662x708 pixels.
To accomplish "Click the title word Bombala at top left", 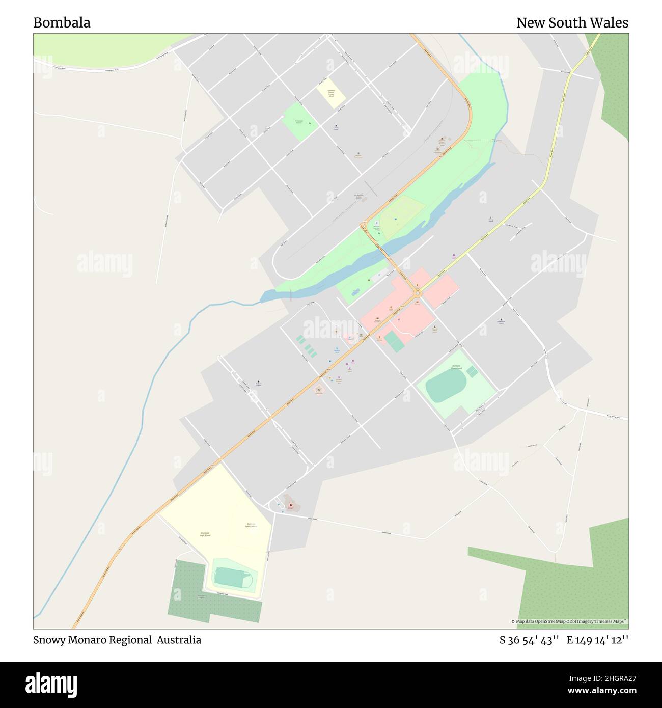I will click(62, 23).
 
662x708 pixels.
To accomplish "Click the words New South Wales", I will click(572, 23).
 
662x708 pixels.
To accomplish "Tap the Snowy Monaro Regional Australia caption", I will click(117, 640).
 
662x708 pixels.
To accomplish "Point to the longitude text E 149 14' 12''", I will click(598, 640).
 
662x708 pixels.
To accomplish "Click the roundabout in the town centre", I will click(418, 293).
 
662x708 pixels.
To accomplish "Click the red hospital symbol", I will click(291, 506).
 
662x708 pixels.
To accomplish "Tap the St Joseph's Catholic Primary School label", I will click(331, 92).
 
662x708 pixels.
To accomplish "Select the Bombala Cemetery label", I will click(202, 596).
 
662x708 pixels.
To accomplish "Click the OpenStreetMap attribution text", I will click(569, 621).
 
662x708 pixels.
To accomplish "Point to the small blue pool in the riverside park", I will click(355, 291).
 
